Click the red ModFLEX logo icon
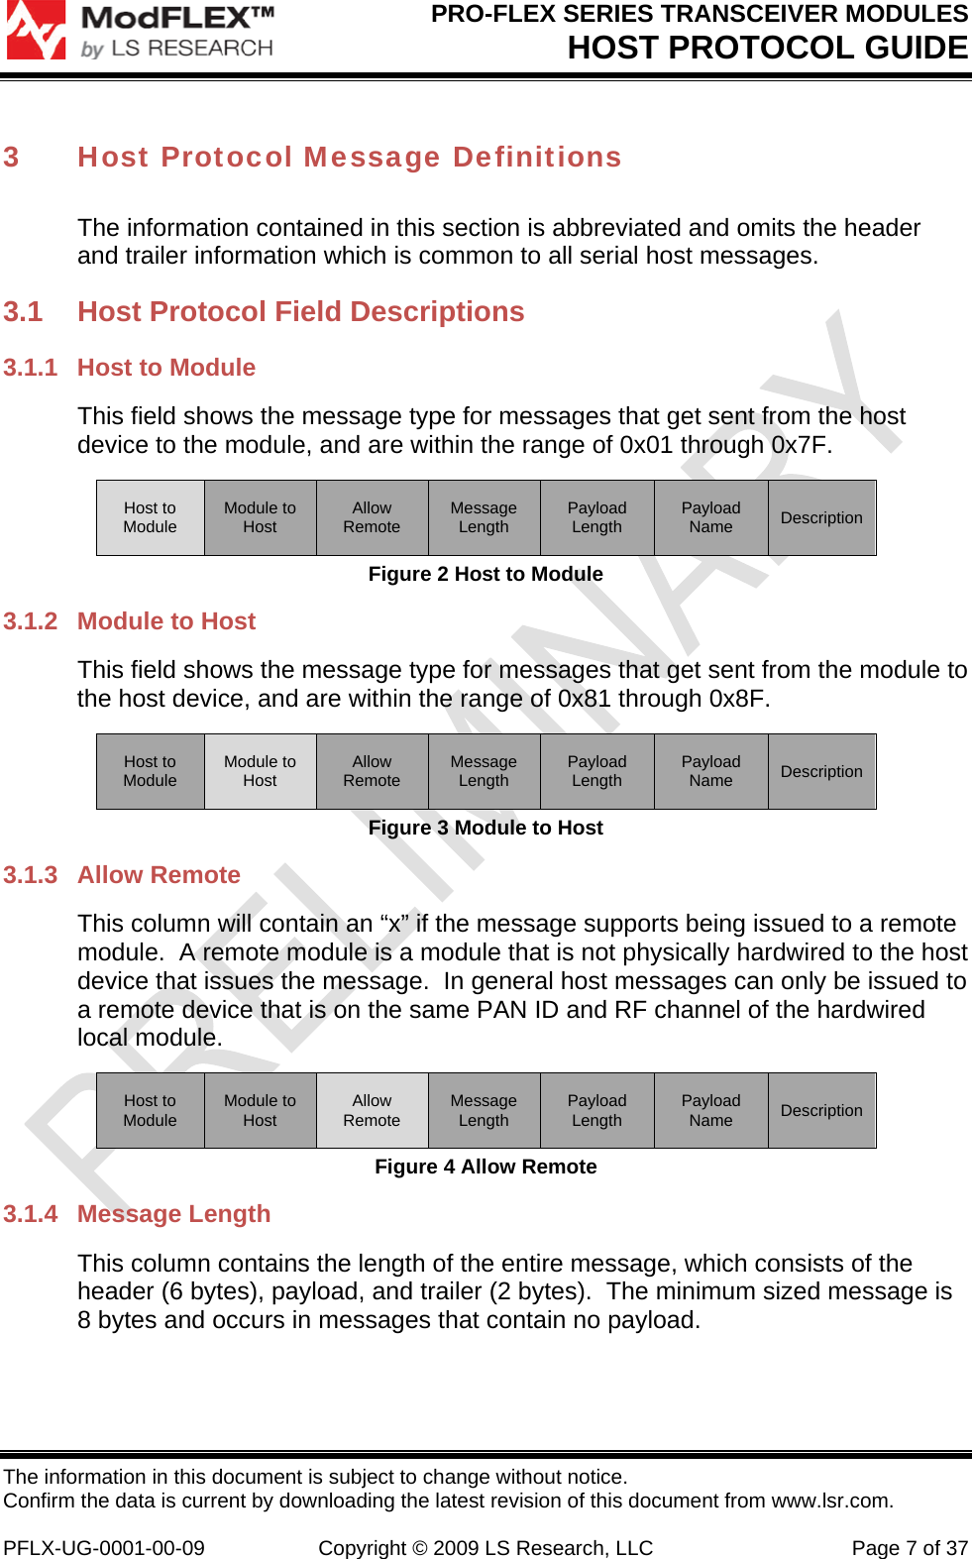coord(36,30)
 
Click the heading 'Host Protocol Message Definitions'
coord(349,158)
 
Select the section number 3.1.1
coord(31,368)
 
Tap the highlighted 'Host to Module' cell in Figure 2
coord(150,517)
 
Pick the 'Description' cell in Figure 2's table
coord(821,517)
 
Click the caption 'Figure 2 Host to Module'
coord(486,574)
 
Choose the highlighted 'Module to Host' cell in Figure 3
coord(260,771)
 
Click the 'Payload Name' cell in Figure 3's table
coord(710,771)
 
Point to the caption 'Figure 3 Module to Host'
coord(486,828)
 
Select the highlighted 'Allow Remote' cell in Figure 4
coord(372,1110)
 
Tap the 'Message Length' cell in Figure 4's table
coord(484,1110)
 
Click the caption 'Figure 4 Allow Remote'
coord(486,1167)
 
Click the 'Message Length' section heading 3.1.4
coord(173,1214)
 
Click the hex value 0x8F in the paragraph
coord(736,699)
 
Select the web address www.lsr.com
coord(830,1501)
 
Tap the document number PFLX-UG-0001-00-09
coord(104,1548)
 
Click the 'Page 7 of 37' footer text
coord(910,1548)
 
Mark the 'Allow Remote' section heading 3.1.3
coord(159,875)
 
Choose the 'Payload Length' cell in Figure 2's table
coord(596,517)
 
